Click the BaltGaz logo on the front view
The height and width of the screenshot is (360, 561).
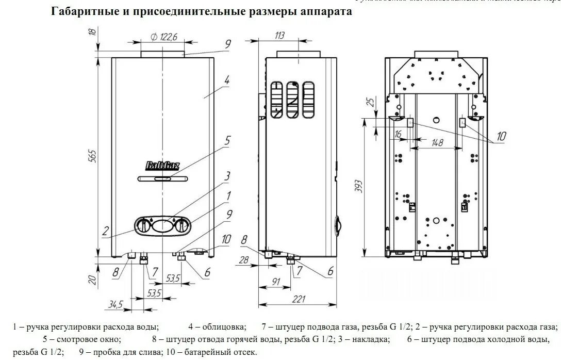click(162, 166)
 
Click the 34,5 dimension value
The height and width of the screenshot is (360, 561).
click(115, 304)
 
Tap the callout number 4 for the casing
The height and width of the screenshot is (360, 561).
click(227, 80)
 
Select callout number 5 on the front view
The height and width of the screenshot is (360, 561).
click(227, 140)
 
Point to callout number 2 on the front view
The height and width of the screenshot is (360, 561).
click(105, 232)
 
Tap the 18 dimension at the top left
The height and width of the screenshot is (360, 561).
click(92, 32)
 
